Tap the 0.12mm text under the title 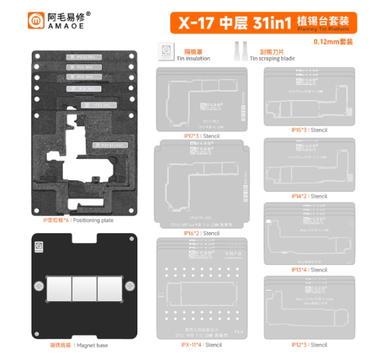(x=333, y=41)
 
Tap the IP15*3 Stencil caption (x=309, y=130)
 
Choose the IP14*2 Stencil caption (x=309, y=196)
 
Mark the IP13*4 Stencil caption (x=309, y=270)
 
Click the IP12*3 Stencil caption (x=309, y=345)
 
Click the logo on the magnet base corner (x=39, y=243)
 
